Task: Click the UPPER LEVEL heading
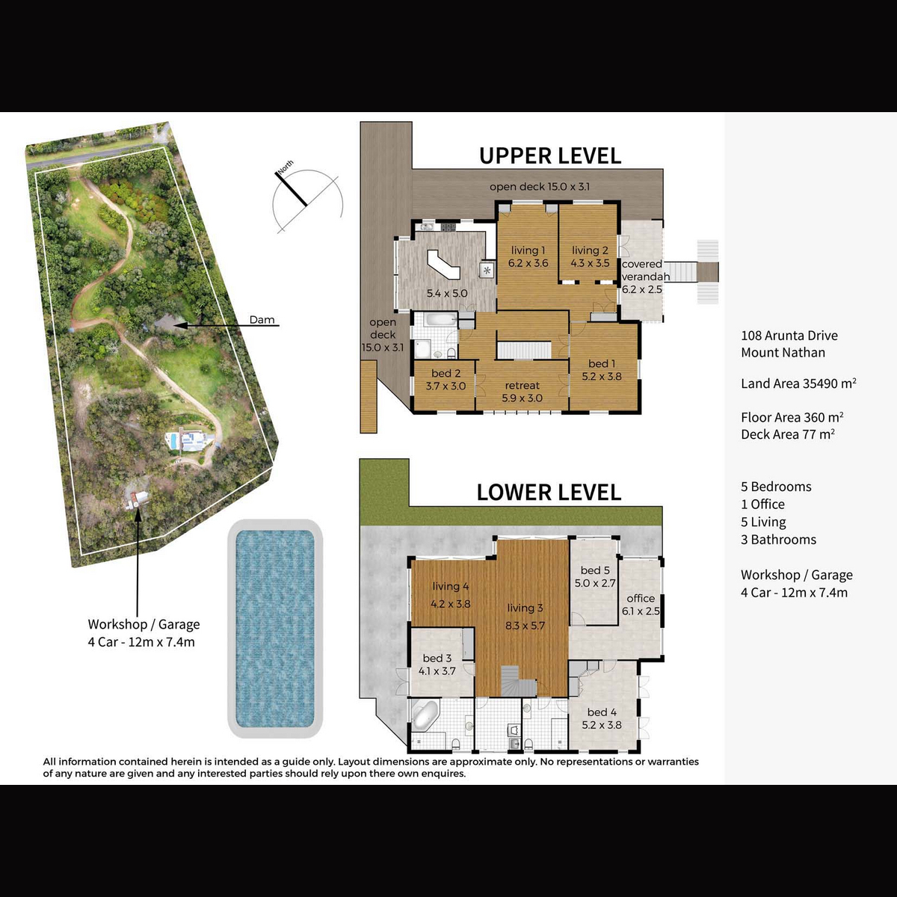point(549,156)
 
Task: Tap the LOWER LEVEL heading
point(549,493)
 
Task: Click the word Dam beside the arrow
point(262,320)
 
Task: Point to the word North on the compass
point(286,167)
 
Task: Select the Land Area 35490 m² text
point(798,383)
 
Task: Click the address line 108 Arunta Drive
point(789,335)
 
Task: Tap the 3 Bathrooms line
point(778,540)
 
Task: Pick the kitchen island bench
point(443,264)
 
